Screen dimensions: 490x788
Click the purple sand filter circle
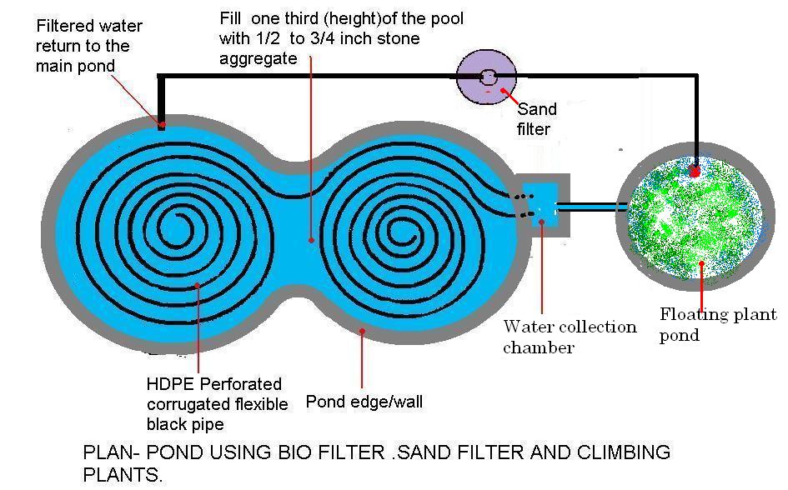[x=486, y=77]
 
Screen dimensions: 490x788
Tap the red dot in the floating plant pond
[x=694, y=172]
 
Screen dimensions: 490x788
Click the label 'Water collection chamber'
[x=569, y=337]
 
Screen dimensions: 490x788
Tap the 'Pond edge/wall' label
[x=364, y=402]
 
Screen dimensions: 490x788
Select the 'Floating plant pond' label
[x=717, y=325]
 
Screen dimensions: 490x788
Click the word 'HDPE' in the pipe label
[x=168, y=384]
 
